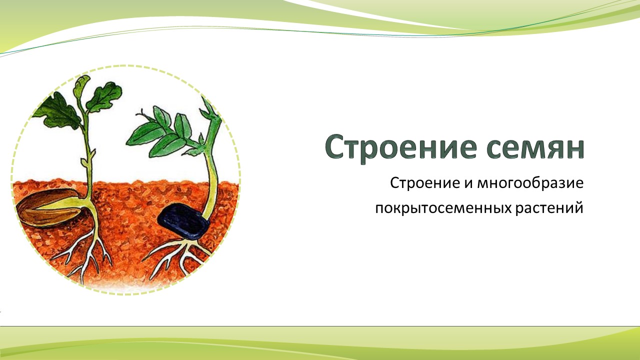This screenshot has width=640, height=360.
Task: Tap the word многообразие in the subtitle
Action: point(530,183)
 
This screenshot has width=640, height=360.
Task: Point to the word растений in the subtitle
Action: point(549,208)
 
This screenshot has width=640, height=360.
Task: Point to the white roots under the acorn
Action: point(85,254)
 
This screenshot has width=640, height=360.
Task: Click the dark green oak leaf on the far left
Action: point(57,113)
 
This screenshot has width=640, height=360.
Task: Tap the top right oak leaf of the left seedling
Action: point(104,96)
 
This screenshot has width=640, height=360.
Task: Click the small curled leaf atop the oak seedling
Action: point(81,85)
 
